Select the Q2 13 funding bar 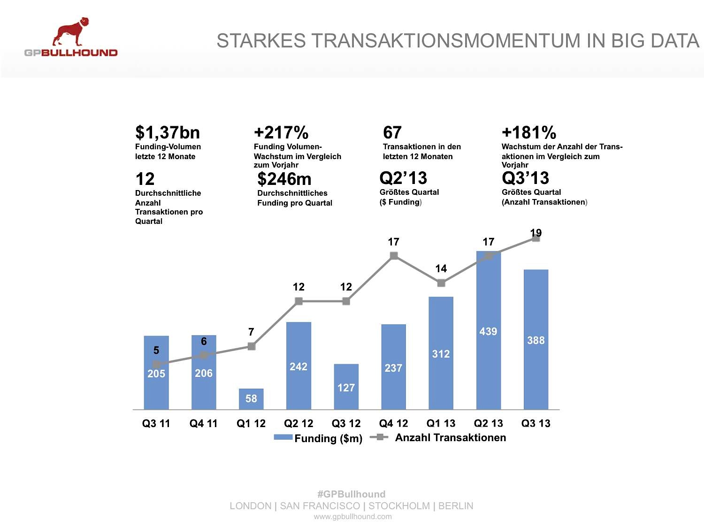point(488,357)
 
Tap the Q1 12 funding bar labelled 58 point(251,399)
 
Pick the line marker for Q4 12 point(394,256)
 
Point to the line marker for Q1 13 point(441,283)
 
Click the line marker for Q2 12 point(298,301)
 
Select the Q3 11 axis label point(156,423)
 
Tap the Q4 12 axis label point(393,423)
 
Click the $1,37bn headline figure point(168,133)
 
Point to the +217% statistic point(281,133)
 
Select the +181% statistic point(529,133)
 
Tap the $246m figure point(284,179)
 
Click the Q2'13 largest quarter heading point(403,178)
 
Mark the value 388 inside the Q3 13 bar point(536,340)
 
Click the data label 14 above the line point(441,268)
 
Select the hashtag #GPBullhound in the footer point(351,494)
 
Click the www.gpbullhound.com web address point(352,517)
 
